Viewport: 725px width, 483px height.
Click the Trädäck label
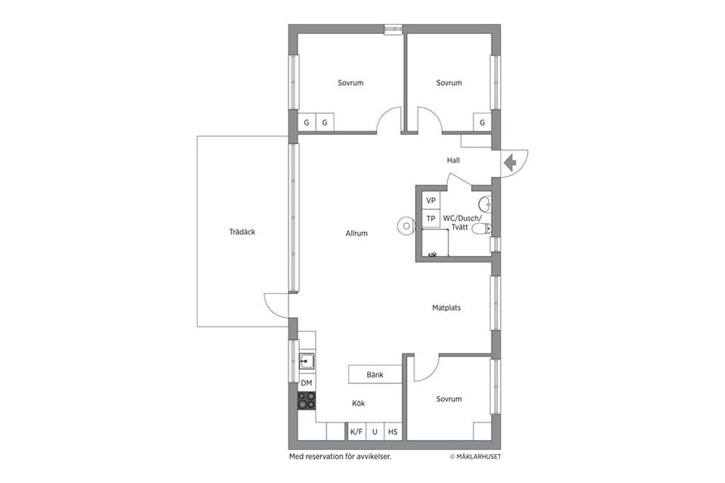242,232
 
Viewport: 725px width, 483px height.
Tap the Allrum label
356,234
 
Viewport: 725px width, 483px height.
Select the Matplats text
446,308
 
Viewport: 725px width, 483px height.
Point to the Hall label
453,160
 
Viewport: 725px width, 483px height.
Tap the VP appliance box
431,200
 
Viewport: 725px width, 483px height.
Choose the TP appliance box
431,219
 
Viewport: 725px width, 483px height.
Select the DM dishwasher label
307,383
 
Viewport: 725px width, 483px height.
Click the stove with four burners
307,401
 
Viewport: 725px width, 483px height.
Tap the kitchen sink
307,360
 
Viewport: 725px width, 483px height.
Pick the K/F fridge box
356,432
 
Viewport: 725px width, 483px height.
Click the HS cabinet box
393,432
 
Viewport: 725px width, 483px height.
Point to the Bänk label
375,374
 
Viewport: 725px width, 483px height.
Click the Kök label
358,403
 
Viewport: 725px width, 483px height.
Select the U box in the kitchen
375,432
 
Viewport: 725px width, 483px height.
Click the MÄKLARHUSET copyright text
475,457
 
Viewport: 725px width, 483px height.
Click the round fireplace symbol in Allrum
406,224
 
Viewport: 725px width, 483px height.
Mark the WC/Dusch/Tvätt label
467,222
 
